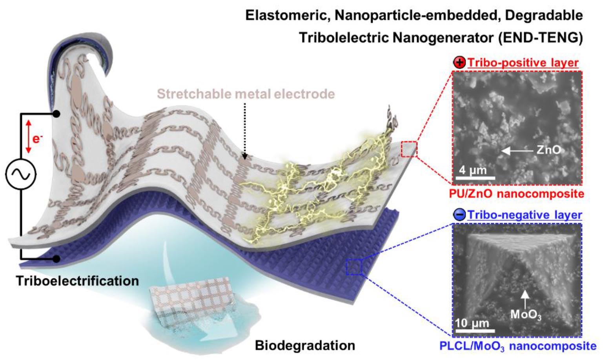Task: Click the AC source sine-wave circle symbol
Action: [x=21, y=174]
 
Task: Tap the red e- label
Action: [x=37, y=139]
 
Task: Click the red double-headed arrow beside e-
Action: [x=29, y=136]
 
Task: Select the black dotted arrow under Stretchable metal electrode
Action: [x=244, y=131]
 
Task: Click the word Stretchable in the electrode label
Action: [x=194, y=94]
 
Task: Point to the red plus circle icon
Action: [x=459, y=63]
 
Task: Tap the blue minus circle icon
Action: [x=459, y=215]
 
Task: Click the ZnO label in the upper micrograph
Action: [x=548, y=150]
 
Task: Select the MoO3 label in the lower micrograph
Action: [x=526, y=315]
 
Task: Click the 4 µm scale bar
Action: [x=475, y=178]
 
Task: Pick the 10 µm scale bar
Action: [x=475, y=331]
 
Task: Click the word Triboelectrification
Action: [x=78, y=281]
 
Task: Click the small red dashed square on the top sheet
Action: [x=409, y=149]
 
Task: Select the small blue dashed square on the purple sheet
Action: [x=354, y=267]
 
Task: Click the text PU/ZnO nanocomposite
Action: [x=517, y=194]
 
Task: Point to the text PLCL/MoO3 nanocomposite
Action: [x=518, y=346]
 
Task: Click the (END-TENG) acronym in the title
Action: [x=540, y=38]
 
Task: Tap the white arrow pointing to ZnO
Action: [x=517, y=151]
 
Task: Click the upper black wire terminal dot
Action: [x=56, y=114]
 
